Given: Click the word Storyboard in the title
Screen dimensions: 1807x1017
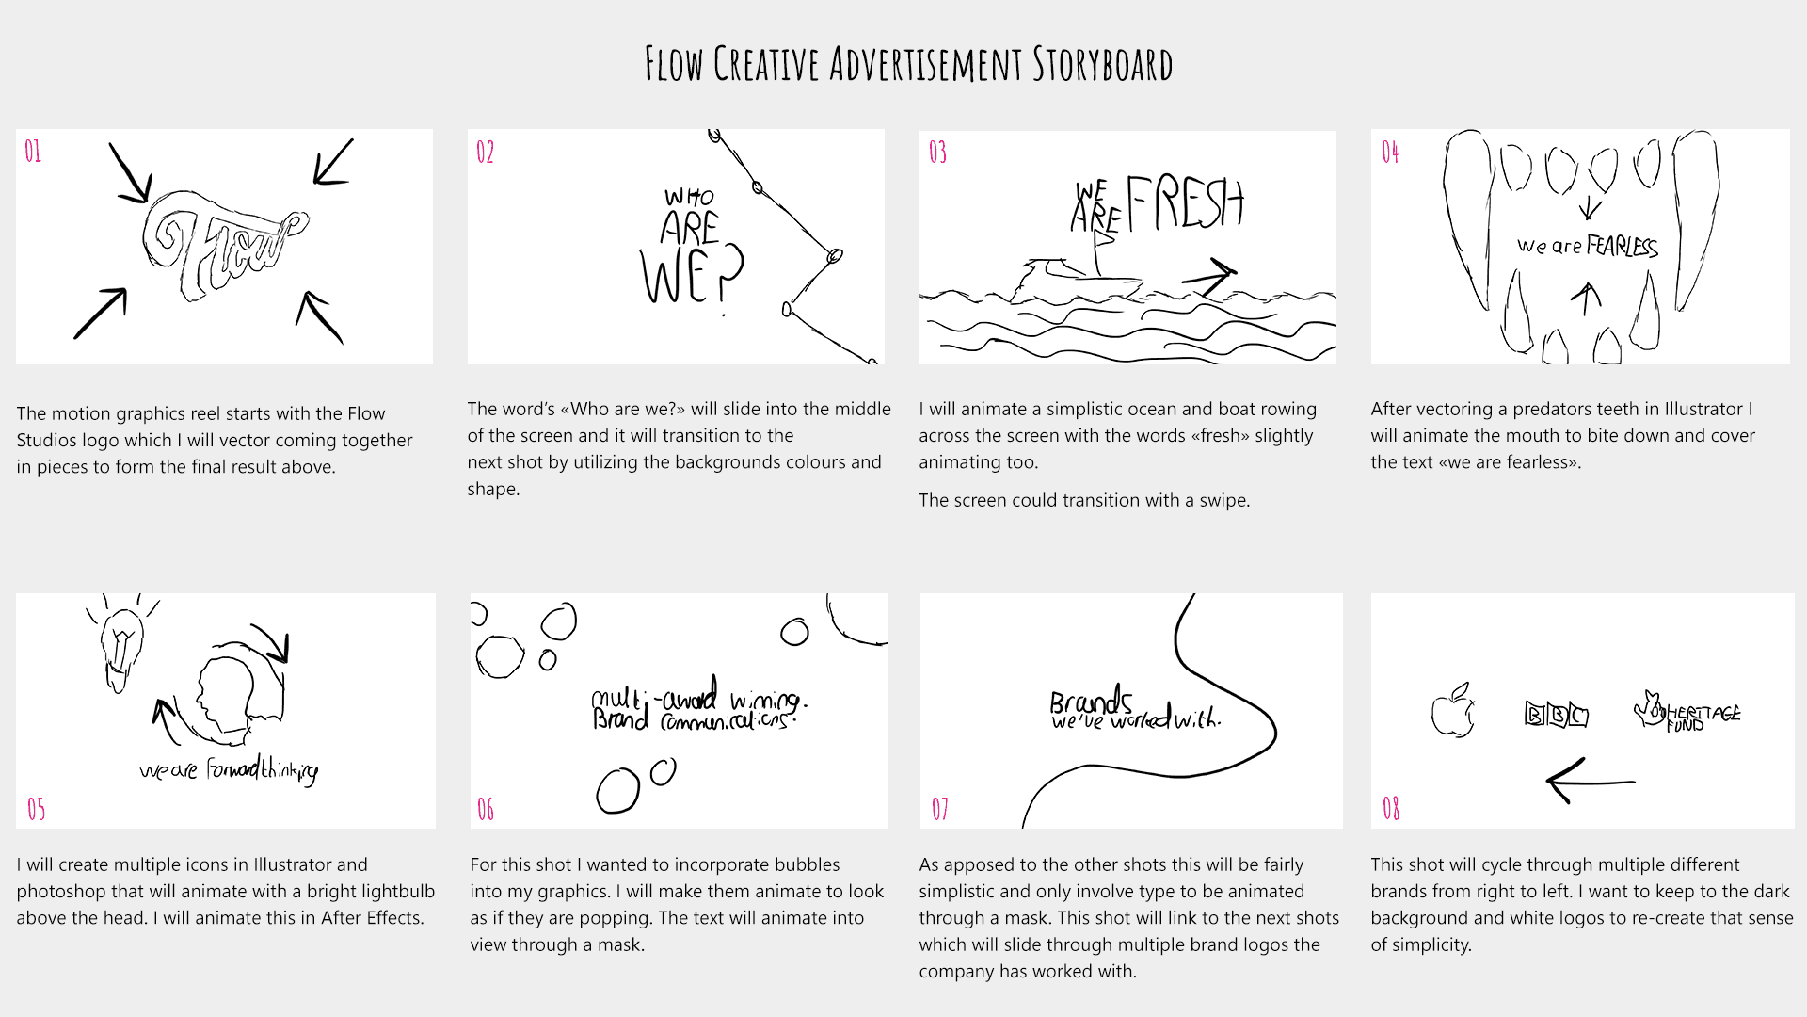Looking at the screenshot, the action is point(1102,64).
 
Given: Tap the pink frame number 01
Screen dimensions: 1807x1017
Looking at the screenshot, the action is point(33,152).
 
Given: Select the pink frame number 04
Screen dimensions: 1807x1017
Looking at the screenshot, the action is point(1390,152).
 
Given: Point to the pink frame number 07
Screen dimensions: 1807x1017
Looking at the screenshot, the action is point(940,809).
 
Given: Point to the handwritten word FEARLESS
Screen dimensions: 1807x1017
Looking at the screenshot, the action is point(1623,246).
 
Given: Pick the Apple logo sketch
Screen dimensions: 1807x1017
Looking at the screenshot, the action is point(1452,711).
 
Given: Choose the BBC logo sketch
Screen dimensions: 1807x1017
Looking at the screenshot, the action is point(1556,715).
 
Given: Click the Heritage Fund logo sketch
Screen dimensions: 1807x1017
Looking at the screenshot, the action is point(1687,713).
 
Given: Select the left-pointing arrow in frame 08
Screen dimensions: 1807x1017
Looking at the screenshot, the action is point(1591,781).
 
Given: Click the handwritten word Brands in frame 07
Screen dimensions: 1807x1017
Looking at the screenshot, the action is point(1091,702).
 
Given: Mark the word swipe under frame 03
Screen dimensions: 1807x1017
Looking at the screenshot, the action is point(1222,501).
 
